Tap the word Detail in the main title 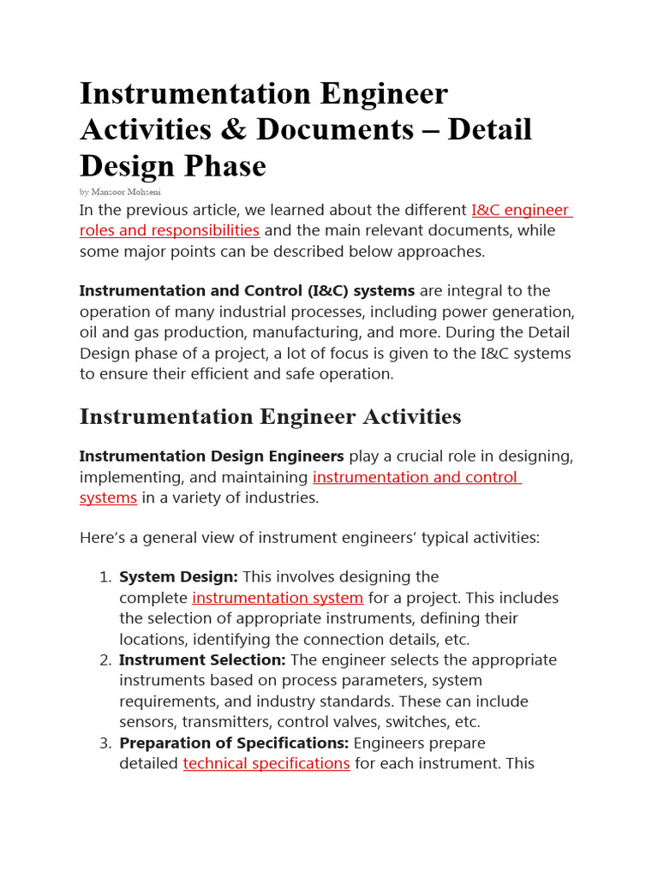click(x=490, y=129)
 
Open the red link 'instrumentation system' click(x=278, y=598)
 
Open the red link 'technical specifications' click(x=266, y=763)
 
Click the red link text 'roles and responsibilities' click(x=170, y=230)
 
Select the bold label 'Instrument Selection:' click(x=202, y=660)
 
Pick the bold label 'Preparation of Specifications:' click(x=234, y=743)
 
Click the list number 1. click(x=105, y=577)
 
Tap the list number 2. click(x=105, y=660)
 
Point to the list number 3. click(x=105, y=743)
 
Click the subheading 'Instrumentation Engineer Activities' click(x=270, y=417)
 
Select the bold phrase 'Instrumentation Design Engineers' click(x=212, y=456)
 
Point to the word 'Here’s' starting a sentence click(x=102, y=538)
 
